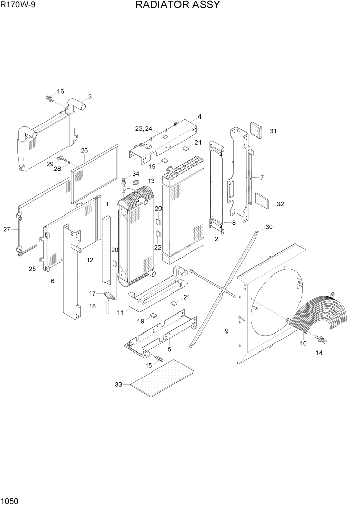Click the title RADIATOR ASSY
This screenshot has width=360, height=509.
(x=178, y=6)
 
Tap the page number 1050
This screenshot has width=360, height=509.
(x=11, y=501)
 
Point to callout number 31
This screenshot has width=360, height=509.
(x=273, y=131)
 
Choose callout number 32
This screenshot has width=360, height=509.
(x=280, y=204)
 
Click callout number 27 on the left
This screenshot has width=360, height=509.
(x=7, y=229)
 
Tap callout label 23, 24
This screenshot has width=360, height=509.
(x=144, y=128)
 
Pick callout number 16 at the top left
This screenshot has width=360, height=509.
(x=60, y=91)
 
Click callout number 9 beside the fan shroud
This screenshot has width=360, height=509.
(x=226, y=331)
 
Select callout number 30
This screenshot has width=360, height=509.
(x=269, y=227)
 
